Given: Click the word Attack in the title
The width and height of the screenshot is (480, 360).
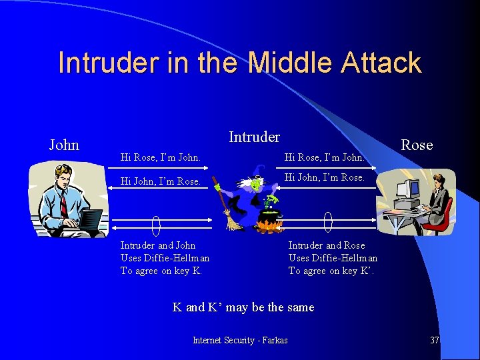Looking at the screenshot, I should pos(381,63).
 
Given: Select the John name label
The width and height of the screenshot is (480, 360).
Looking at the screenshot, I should pos(64,145).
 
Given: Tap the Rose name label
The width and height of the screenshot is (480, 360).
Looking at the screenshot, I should pos(417,145).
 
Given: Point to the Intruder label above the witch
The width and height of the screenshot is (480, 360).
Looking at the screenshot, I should pos(254,137).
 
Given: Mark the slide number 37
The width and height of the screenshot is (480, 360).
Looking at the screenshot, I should pos(435,340).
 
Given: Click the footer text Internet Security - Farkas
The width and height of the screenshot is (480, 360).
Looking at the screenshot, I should pos(240,340).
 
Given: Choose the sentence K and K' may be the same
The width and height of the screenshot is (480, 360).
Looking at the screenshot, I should pos(243,307).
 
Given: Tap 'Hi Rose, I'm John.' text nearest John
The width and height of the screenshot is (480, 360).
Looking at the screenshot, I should pos(160,158).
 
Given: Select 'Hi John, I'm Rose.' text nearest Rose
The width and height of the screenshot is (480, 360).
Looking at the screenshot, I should pos(325,177).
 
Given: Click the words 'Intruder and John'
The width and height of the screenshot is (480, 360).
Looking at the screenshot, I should pos(158,245).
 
